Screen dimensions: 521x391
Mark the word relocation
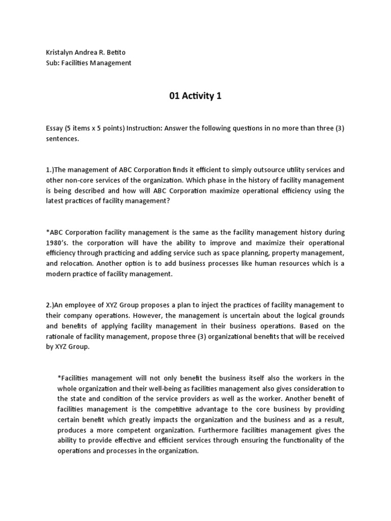coord(82,264)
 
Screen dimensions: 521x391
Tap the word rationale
coord(62,336)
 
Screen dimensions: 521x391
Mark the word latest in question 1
coord(54,201)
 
